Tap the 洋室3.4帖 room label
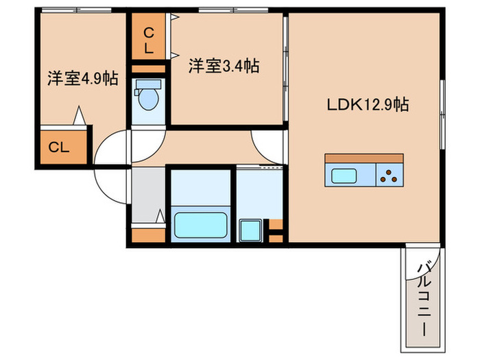(x=224, y=67)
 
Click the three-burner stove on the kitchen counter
(x=391, y=176)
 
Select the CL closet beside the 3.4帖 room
(x=149, y=40)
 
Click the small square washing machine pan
(x=249, y=228)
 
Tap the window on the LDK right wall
(x=442, y=113)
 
